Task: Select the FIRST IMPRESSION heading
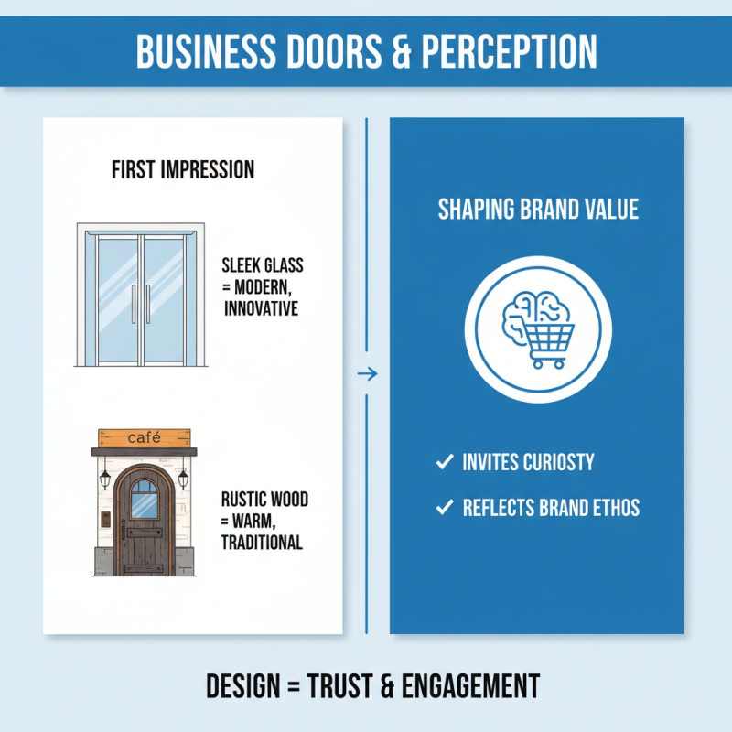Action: point(183,170)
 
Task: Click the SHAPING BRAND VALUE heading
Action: point(538,210)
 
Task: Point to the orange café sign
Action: point(145,437)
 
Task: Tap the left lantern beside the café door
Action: point(105,479)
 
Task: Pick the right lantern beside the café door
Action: point(184,479)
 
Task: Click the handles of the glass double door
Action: point(141,302)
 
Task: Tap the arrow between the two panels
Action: point(366,373)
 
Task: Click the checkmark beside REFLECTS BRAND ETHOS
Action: point(445,507)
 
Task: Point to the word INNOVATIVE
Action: point(261,308)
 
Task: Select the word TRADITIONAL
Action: point(262,542)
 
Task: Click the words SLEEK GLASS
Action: point(263,266)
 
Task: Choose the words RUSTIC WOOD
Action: point(264,500)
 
